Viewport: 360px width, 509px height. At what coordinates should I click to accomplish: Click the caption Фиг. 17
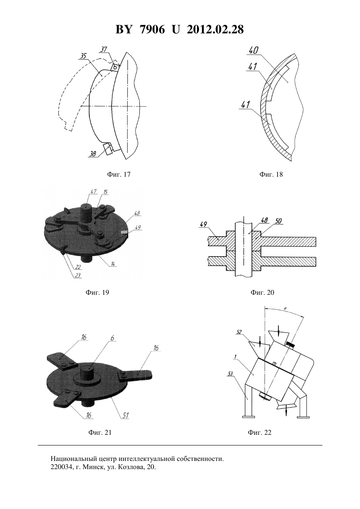tap(118, 174)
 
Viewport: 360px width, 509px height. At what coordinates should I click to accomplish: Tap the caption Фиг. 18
tap(271, 174)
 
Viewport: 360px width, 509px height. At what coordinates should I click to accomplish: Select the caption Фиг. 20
tap(262, 292)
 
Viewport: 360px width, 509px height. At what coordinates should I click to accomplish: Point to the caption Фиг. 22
tap(260, 432)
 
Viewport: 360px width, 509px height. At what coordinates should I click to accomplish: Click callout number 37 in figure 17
tap(103, 49)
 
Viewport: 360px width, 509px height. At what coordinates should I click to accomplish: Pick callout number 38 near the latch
tap(93, 154)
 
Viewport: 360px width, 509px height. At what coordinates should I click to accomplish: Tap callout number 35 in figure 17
tap(83, 56)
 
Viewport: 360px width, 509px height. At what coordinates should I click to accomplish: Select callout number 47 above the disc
tap(93, 191)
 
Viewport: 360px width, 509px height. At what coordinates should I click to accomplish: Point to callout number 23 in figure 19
tap(78, 275)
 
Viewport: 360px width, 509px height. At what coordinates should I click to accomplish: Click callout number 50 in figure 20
tap(279, 221)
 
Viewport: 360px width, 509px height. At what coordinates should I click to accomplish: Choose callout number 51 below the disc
tap(125, 415)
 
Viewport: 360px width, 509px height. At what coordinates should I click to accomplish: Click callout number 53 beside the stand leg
tap(230, 373)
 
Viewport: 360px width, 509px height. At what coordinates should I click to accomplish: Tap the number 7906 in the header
tap(152, 29)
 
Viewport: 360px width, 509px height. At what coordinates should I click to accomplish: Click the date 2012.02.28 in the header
tap(215, 29)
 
